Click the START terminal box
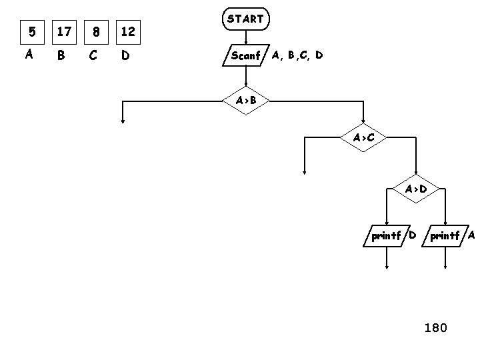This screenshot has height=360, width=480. pos(245,19)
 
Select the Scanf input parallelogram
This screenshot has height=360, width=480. pos(245,56)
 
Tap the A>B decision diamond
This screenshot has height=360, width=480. pos(245,101)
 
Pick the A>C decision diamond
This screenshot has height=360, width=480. pos(363,138)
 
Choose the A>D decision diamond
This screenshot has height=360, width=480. pos(416,189)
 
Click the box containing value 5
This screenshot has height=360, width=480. pos(30,31)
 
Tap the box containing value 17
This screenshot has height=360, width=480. pos(64,31)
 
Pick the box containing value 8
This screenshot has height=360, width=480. pos(97,31)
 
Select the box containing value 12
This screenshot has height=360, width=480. pos(128,31)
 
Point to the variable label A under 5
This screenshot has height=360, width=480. pos(29,55)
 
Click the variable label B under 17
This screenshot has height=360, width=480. pos(61,56)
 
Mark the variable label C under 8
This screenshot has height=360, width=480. pos(93,56)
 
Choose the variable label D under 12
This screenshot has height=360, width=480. pos(126,56)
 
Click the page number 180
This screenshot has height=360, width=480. pos(436,327)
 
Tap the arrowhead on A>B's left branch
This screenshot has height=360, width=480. pos(123,121)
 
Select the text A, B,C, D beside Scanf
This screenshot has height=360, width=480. pos(297,55)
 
